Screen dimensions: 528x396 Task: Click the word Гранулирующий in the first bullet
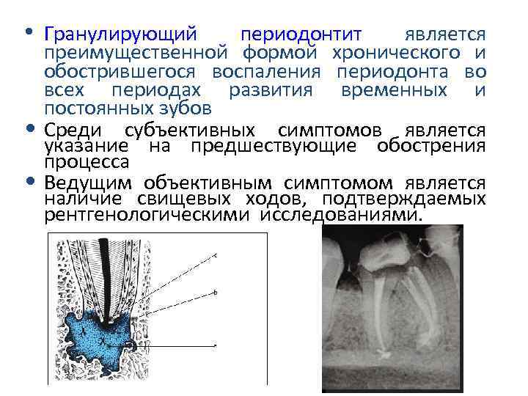(120, 35)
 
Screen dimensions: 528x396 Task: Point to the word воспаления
(267, 72)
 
